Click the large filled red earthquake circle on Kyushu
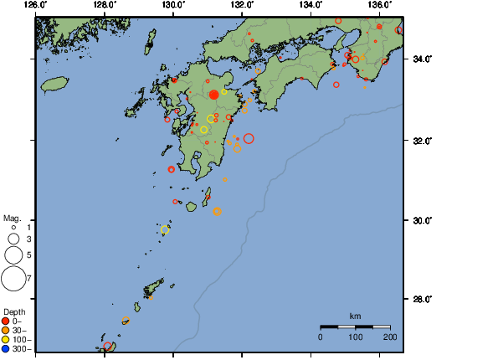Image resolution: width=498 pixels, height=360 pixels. pos(213,95)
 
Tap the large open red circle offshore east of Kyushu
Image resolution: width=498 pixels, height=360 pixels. pos(249,138)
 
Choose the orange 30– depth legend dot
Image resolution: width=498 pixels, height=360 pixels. pos(7,330)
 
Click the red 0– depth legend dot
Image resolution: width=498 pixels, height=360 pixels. pos(7,321)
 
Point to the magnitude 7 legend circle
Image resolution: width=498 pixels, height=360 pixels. pos(13,278)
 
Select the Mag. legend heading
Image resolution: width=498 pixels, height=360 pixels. pos(12,218)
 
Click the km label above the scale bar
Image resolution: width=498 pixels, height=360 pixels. pos(355,316)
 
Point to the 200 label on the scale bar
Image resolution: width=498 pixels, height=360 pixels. pos(389,337)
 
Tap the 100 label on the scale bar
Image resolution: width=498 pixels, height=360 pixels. pos(355,337)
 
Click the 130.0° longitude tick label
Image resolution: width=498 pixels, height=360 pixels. pos(173,5)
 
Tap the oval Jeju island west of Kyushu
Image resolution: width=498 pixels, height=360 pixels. pos(54,84)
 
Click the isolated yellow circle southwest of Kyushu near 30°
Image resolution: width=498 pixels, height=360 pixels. pos(165,229)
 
